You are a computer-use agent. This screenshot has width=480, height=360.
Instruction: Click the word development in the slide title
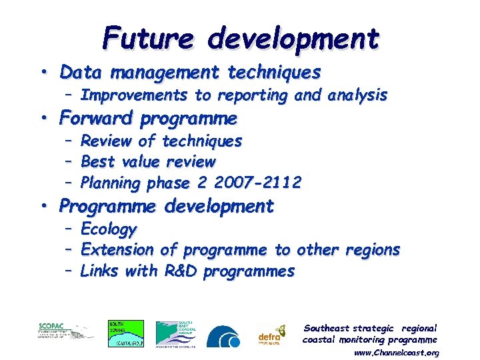point(293,39)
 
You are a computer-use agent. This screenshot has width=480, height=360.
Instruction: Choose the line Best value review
point(148,161)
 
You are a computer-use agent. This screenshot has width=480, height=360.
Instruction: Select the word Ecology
point(108,229)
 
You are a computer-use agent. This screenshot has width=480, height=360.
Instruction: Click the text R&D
point(181,271)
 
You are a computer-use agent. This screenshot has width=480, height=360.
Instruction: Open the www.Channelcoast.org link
point(397,352)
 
